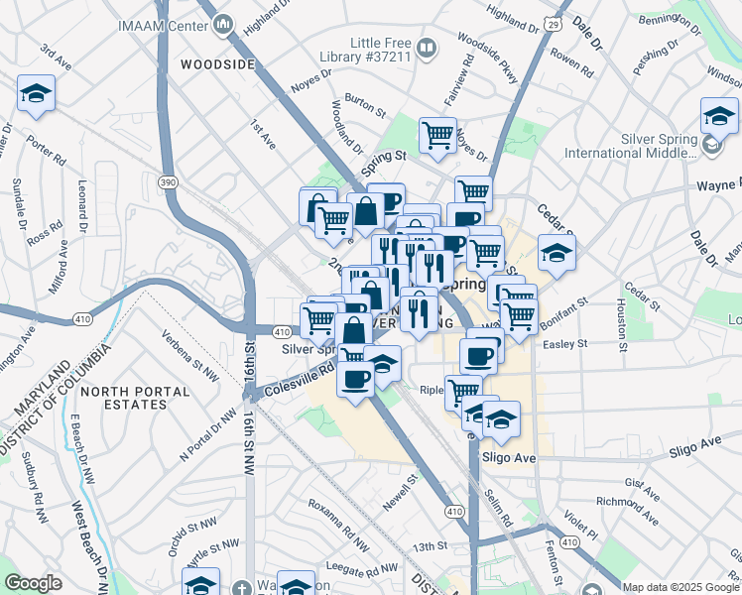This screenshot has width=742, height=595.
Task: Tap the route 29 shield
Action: point(554,22)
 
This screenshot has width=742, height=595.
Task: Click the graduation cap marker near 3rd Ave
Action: point(37,95)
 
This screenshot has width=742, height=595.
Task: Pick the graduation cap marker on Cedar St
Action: point(556,254)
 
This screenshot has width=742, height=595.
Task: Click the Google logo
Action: point(34,583)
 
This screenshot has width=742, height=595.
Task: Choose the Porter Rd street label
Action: point(46,150)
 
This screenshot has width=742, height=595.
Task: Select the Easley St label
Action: point(566,344)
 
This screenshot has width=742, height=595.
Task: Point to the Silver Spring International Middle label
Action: point(631,147)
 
